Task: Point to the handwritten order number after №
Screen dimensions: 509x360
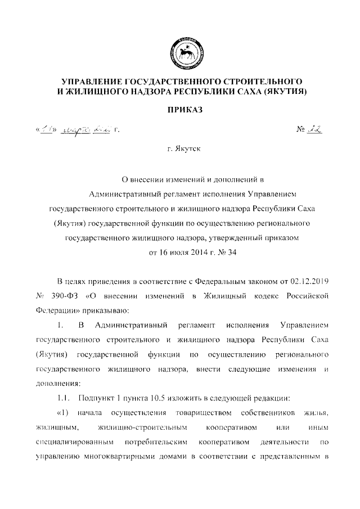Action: pyautogui.click(x=314, y=129)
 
